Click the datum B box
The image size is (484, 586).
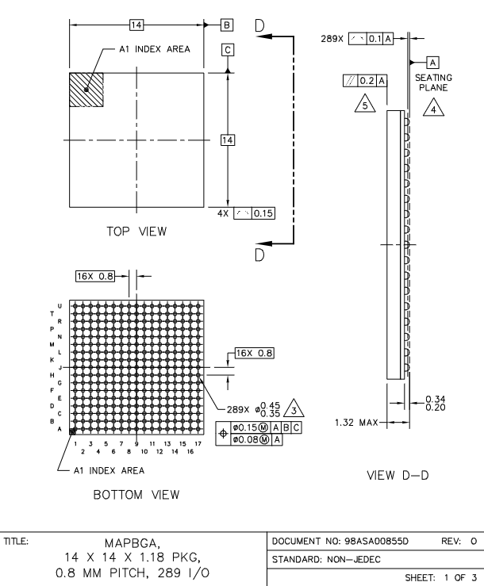227,25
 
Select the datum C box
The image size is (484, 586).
228,50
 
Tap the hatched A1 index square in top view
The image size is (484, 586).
86,90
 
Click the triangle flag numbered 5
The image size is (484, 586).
365,104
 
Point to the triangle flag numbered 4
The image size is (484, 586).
433,108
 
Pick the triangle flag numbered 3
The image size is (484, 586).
294,409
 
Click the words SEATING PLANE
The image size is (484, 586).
433,82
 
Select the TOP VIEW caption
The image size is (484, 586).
137,232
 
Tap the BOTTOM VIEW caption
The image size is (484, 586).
136,495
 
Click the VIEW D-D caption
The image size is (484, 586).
398,475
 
